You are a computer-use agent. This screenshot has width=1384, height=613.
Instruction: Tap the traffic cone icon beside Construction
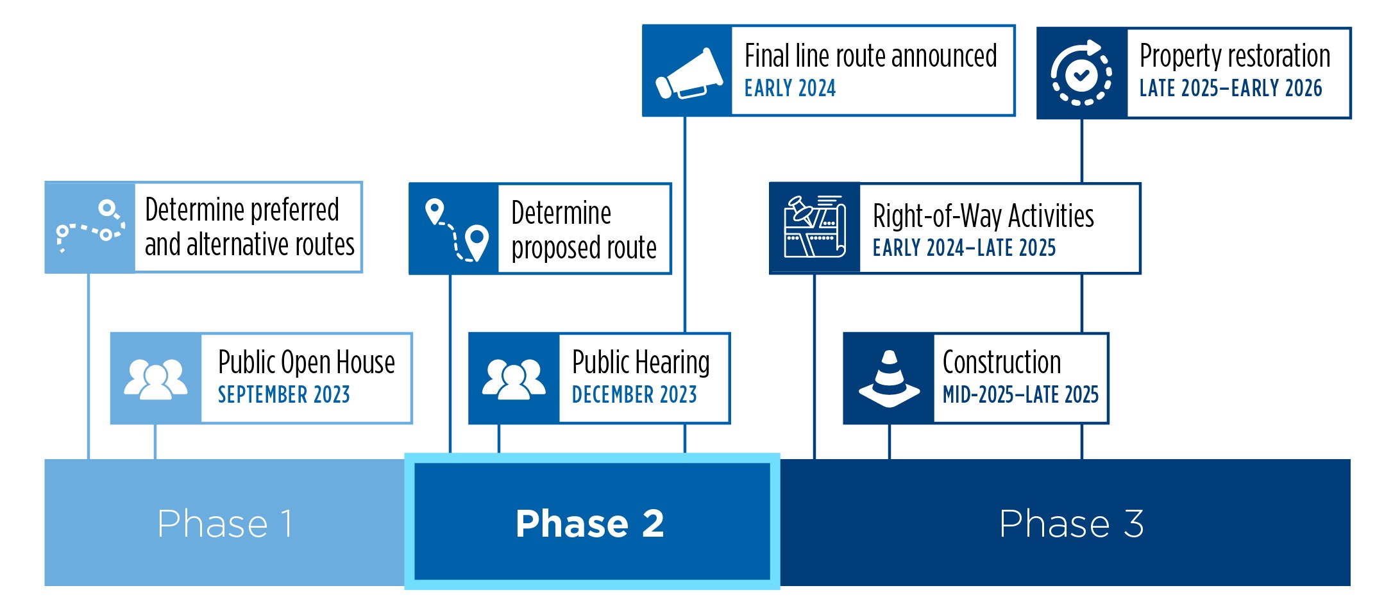(889, 378)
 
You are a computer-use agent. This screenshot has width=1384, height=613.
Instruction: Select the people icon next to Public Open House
(156, 378)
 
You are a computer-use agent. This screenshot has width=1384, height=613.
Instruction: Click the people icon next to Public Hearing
(514, 378)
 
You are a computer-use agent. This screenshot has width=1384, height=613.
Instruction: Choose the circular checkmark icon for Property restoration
(1081, 73)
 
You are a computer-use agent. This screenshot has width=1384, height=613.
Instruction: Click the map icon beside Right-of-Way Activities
(814, 228)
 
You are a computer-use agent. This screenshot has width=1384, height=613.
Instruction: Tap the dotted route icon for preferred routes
(90, 227)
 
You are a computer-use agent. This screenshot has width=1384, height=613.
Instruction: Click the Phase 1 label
(224, 523)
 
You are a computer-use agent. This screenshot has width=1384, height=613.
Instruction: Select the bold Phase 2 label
(589, 523)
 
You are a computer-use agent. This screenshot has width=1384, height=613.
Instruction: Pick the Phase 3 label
(1071, 523)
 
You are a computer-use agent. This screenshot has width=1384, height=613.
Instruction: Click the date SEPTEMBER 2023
(283, 394)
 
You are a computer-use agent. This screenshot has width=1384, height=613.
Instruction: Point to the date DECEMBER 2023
(634, 394)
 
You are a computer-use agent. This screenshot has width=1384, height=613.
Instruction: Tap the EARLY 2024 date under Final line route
(789, 88)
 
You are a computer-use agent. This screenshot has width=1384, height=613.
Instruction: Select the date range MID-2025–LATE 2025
(1020, 394)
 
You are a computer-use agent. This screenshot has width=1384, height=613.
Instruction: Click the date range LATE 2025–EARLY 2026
(1230, 88)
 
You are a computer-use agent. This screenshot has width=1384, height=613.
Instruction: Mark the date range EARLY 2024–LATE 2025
(963, 248)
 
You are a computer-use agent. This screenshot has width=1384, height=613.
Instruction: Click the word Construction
(1001, 362)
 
